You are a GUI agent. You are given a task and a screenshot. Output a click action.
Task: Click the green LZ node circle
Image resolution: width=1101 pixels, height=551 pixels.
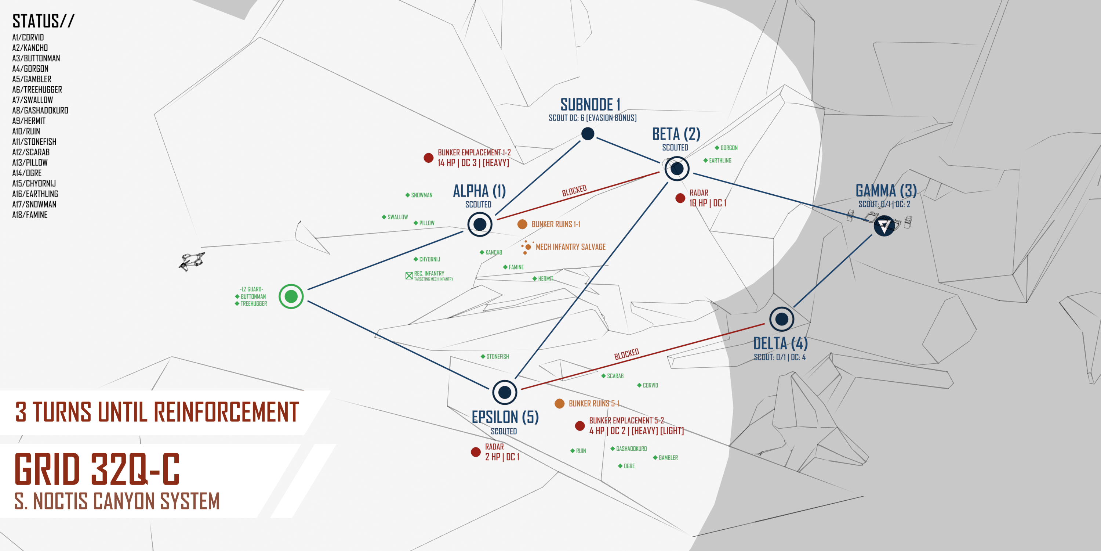291,296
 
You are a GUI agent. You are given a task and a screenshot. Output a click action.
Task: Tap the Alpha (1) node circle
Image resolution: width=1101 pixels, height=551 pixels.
480,224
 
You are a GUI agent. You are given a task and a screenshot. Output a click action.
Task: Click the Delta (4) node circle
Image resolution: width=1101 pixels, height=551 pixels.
781,319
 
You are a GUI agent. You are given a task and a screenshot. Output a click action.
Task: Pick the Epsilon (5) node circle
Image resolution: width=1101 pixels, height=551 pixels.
504,392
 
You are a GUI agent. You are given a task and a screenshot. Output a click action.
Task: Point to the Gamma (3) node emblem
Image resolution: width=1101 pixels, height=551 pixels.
884,226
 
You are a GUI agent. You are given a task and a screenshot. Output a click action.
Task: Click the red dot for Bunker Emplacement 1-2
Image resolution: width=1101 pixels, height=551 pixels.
428,158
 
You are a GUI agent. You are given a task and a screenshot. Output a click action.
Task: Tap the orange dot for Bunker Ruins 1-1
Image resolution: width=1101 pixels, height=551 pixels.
522,224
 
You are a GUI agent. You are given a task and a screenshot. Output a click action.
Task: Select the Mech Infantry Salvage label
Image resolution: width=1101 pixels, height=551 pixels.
570,247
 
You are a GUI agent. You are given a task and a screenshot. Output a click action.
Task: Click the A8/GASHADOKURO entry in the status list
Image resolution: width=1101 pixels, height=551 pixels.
40,110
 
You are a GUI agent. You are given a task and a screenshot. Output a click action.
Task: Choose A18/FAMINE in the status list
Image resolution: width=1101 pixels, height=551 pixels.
30,215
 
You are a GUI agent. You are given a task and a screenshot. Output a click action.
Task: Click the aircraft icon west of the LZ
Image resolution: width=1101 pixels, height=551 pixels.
192,260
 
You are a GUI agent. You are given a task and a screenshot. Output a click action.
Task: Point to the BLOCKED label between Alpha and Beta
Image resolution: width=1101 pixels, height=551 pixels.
574,191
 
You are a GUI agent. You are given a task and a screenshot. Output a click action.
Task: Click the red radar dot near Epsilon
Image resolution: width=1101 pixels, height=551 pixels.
475,452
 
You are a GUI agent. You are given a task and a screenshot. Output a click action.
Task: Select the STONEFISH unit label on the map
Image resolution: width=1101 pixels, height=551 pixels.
497,356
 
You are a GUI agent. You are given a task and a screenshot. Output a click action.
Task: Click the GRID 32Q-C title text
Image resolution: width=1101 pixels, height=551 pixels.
98,469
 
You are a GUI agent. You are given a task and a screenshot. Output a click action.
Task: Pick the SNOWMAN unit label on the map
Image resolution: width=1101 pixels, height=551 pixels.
421,195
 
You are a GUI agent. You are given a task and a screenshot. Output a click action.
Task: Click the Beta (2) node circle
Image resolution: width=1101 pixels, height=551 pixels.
677,169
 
